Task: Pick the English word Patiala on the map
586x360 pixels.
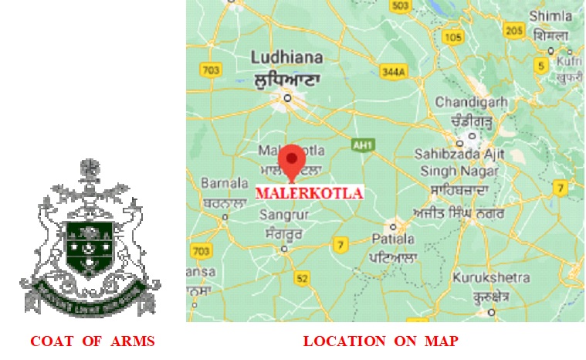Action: click(392, 240)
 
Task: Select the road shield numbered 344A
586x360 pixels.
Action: click(394, 72)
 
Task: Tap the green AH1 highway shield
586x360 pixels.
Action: click(361, 144)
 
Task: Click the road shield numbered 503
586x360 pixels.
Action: click(400, 6)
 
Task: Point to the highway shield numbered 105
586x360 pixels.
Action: click(454, 37)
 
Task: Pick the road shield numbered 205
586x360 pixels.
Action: click(513, 30)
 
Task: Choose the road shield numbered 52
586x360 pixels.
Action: click(302, 278)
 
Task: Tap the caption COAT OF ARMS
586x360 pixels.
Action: click(93, 341)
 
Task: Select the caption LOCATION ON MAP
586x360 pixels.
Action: click(381, 341)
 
